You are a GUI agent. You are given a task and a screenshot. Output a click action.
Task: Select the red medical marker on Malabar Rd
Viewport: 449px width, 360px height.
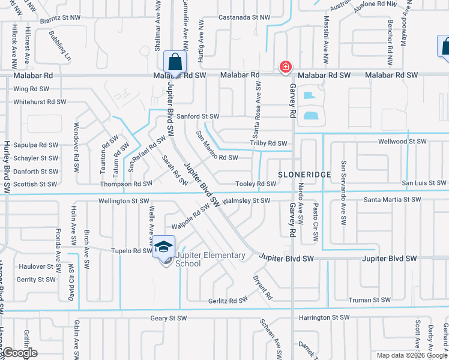tap(286, 67)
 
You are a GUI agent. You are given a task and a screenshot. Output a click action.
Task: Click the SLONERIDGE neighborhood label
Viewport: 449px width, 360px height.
tap(304, 173)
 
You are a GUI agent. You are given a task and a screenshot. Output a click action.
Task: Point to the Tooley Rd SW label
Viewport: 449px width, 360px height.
tap(256, 184)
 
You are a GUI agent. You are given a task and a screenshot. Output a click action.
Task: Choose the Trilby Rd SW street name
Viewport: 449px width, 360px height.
tap(269, 143)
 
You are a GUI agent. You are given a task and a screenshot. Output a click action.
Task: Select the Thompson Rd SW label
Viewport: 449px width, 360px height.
tap(126, 184)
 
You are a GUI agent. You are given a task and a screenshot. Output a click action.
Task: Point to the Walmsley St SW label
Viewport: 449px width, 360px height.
tap(246, 201)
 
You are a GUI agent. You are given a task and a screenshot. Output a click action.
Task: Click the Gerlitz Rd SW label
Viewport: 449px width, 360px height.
tap(228, 300)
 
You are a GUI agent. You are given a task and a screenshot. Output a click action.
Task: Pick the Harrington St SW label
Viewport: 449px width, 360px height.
tap(322, 317)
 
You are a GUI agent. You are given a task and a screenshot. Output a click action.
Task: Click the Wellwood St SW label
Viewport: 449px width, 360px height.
tap(402, 142)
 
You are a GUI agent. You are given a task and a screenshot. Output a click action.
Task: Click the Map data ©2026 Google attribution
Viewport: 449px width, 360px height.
tap(411, 355)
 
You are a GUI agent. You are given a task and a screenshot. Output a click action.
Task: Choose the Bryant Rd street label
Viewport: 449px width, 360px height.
tap(263, 287)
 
